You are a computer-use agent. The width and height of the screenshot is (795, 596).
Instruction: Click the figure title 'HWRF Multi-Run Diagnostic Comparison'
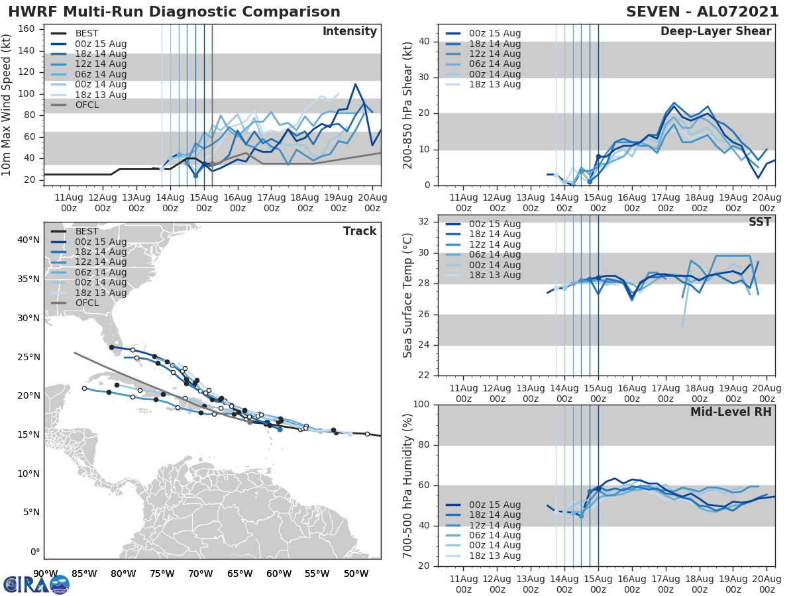click(x=174, y=12)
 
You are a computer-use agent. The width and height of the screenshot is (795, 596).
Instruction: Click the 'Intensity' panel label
click(x=349, y=32)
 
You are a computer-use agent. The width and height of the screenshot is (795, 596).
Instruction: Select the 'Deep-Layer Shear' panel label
click(x=715, y=32)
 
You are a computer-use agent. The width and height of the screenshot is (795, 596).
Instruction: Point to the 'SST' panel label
click(x=760, y=222)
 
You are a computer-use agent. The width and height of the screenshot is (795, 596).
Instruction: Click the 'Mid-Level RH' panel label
click(x=731, y=412)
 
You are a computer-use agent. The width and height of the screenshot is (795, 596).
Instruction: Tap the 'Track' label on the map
click(x=360, y=231)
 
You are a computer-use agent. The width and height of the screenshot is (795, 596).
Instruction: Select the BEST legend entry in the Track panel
click(x=87, y=232)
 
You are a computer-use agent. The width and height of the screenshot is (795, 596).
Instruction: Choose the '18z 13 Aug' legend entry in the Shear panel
click(x=495, y=84)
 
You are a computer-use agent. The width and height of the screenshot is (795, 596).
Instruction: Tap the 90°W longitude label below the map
click(x=45, y=573)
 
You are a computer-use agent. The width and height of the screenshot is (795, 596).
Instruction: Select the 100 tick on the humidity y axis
click(x=423, y=405)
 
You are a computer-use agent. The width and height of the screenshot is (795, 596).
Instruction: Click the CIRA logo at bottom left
click(x=36, y=584)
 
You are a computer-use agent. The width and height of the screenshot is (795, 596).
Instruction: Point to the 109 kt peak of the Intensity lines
click(x=355, y=84)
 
